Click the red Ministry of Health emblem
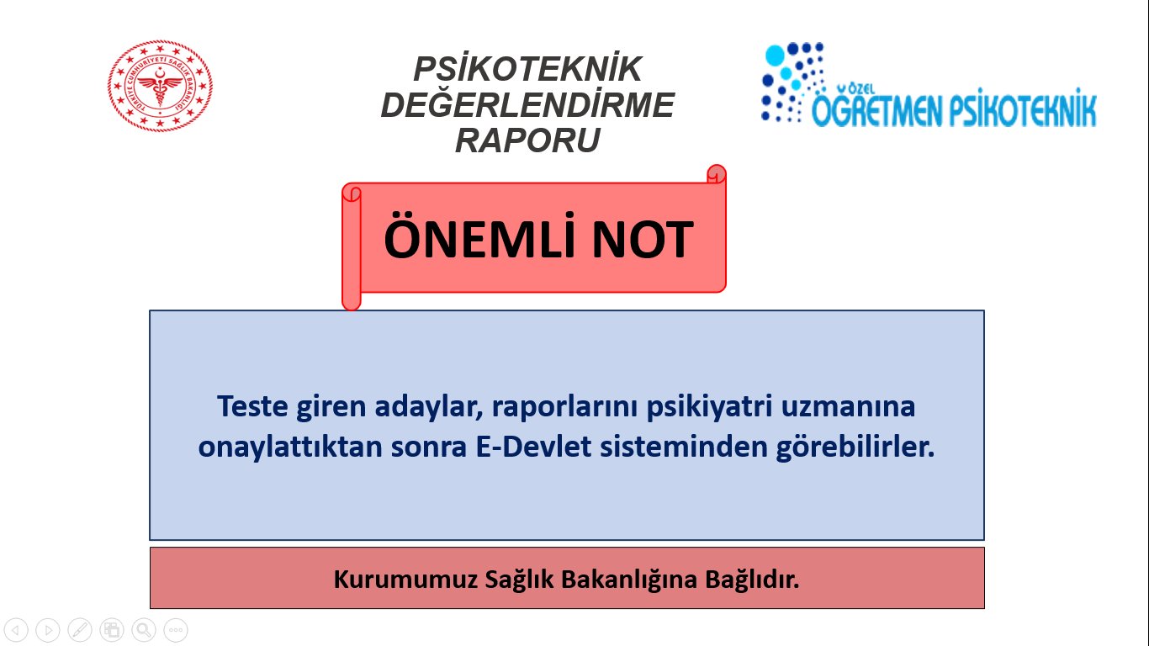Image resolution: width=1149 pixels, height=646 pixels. coord(160,86)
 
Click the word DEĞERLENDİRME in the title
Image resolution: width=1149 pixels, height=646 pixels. coord(527,104)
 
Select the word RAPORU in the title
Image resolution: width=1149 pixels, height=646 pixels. coord(527,140)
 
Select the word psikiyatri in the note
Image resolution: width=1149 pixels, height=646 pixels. coord(709,407)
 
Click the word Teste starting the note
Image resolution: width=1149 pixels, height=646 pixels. coord(252,406)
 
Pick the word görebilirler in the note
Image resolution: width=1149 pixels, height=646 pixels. coord(855,447)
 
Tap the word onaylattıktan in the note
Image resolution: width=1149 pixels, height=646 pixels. coord(290,447)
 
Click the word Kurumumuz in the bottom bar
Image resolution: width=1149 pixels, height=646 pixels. coord(405,580)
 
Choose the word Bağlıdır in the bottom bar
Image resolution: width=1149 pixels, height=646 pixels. coord(752,580)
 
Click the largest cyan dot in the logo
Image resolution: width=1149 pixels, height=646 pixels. coord(775,56)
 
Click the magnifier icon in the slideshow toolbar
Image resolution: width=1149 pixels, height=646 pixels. coord(144,629)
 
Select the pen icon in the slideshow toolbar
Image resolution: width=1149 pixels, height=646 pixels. coord(80,629)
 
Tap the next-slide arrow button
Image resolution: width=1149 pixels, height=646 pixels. coord(48,629)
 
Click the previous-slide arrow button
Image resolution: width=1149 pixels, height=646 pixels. coord(16,629)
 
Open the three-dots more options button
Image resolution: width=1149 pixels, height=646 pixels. coord(176,629)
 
